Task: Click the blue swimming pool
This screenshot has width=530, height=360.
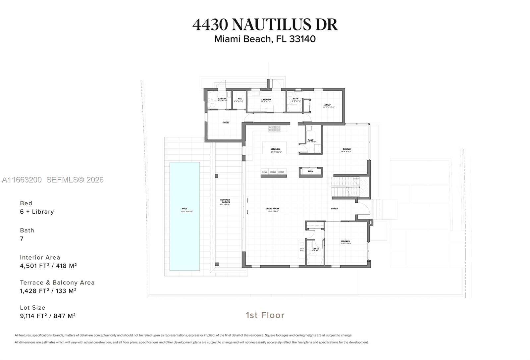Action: point(185,216)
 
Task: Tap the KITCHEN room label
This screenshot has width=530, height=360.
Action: point(275,149)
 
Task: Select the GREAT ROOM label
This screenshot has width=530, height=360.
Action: point(272,209)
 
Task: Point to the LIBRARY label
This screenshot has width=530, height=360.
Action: point(345,242)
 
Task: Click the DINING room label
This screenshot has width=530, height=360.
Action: point(346,149)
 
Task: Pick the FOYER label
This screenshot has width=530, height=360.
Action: point(335,209)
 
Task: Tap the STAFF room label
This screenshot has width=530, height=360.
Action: point(328,105)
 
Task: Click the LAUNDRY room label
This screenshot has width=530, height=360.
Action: point(266,100)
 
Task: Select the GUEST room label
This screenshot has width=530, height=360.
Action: point(226,123)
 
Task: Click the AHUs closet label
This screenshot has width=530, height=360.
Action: point(310,172)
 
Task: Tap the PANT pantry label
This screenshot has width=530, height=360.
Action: point(310,140)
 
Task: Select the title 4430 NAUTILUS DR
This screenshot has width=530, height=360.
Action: point(265,25)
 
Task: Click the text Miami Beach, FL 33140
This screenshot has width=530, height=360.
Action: point(265,39)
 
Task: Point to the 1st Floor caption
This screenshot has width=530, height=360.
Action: point(265,315)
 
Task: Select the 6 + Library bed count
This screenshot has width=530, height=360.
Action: point(37,212)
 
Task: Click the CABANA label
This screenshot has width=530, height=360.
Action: point(222,99)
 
